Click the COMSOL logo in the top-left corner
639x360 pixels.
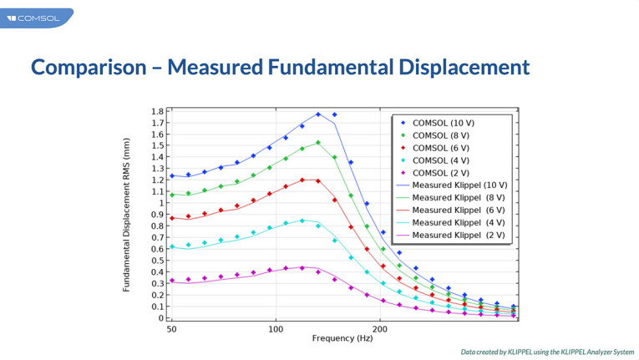(33, 18)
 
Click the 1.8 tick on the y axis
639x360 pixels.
(157, 111)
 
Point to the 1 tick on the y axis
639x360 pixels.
(161, 203)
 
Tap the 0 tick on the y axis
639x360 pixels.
(161, 318)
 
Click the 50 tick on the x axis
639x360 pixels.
(171, 330)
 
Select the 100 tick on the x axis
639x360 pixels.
(276, 330)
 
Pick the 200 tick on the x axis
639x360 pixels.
(380, 330)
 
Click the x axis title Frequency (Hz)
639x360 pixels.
(342, 339)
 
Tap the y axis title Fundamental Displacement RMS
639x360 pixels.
(127, 215)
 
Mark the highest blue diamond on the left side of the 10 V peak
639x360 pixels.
(318, 114)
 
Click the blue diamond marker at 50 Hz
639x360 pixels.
(172, 175)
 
